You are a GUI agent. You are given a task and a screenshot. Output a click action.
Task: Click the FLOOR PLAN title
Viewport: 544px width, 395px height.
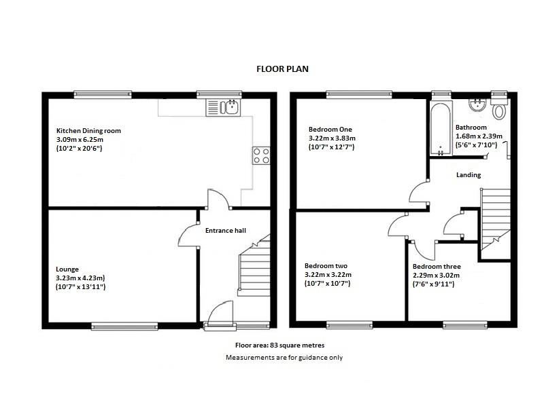point(282,69)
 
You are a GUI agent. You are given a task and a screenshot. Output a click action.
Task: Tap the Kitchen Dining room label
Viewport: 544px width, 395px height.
point(89,130)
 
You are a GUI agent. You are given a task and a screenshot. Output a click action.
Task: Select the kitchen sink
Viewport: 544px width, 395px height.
point(222,107)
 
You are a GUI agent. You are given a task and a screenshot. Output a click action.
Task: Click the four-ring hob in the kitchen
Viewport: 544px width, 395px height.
point(260,155)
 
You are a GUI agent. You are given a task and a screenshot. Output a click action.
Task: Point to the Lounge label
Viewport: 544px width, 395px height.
point(68,269)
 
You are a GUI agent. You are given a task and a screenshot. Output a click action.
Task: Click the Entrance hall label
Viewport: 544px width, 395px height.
point(225,231)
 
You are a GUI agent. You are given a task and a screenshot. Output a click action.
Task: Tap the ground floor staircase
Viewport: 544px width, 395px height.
point(254,271)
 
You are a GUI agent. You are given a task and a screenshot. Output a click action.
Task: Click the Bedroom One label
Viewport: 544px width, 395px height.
point(331,129)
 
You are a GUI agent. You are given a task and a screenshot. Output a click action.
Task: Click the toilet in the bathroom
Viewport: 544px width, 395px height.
point(500,110)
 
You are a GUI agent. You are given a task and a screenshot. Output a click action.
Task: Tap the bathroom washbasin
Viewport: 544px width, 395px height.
point(477,105)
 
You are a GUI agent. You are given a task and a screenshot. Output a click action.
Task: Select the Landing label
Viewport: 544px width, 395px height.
point(469,175)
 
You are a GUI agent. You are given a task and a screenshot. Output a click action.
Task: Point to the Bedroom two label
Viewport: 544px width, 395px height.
point(326,265)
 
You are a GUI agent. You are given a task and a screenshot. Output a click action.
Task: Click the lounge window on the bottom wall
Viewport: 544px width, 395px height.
point(124,326)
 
